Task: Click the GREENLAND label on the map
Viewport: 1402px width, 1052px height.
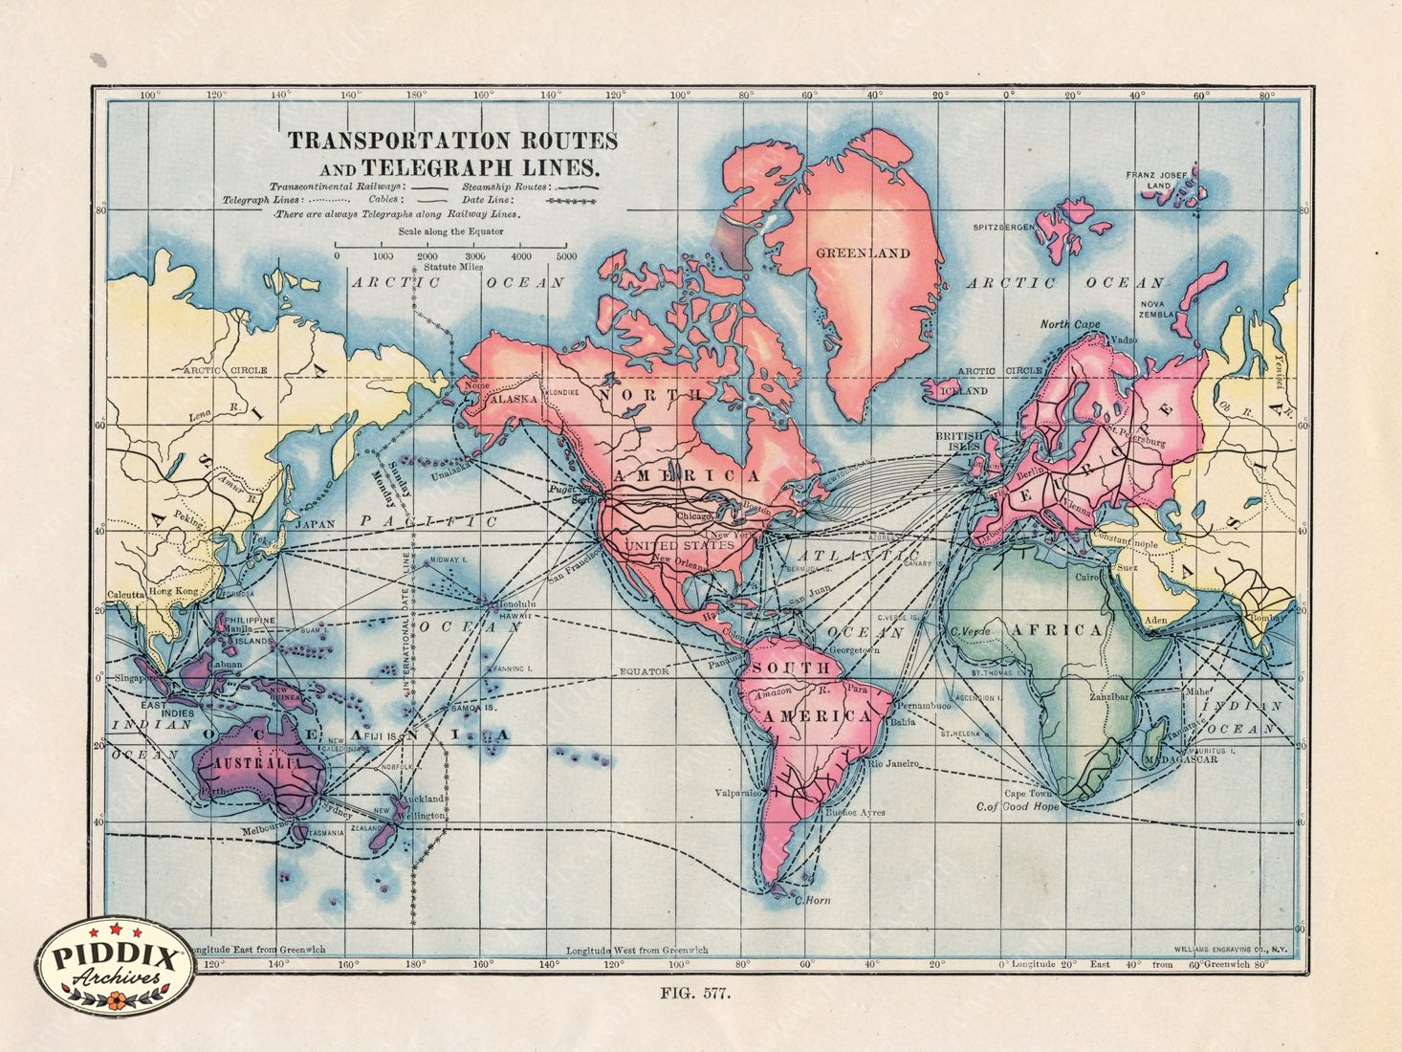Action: click(862, 253)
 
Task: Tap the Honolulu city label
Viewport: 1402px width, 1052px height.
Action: click(515, 605)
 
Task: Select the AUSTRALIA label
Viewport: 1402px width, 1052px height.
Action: click(256, 764)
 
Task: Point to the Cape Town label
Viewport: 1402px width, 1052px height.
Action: click(1028, 794)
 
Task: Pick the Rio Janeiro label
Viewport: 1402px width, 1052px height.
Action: click(893, 764)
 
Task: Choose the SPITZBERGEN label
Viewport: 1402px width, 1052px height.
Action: click(1003, 228)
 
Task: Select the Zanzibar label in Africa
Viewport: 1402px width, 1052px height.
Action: click(1109, 697)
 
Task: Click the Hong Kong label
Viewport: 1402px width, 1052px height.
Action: click(173, 592)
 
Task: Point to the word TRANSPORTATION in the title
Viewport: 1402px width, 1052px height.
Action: click(399, 141)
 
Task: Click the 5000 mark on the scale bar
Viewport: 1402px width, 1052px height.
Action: click(565, 257)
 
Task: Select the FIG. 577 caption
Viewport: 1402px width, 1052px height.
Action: click(695, 993)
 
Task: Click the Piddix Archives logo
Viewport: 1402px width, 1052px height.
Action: click(115, 967)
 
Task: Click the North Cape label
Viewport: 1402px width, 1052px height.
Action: click(1069, 324)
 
